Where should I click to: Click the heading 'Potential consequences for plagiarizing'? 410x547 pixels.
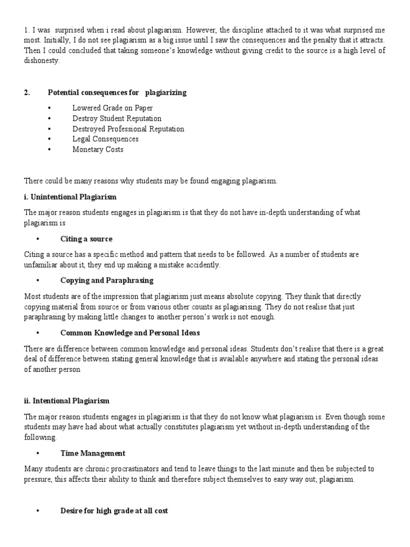point(117,92)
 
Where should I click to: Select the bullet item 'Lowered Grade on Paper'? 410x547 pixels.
point(113,108)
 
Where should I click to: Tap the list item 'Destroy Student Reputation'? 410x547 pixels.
point(117,119)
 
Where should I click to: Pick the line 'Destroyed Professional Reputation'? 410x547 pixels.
point(128,129)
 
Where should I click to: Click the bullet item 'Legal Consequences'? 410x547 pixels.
point(105,139)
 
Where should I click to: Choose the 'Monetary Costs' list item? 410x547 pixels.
point(98,150)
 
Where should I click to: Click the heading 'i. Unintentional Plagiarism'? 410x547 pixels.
point(70,197)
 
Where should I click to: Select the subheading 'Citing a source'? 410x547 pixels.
point(86,239)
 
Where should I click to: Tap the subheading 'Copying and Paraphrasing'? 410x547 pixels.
point(107,280)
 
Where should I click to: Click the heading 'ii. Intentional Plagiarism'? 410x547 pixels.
point(67,401)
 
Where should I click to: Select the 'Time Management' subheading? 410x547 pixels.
point(93,454)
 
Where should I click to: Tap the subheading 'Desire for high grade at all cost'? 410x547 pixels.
point(114,511)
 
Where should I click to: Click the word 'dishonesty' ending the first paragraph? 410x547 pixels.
point(42,61)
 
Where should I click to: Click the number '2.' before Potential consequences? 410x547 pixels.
point(27,92)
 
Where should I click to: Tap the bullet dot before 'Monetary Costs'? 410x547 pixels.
point(49,150)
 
